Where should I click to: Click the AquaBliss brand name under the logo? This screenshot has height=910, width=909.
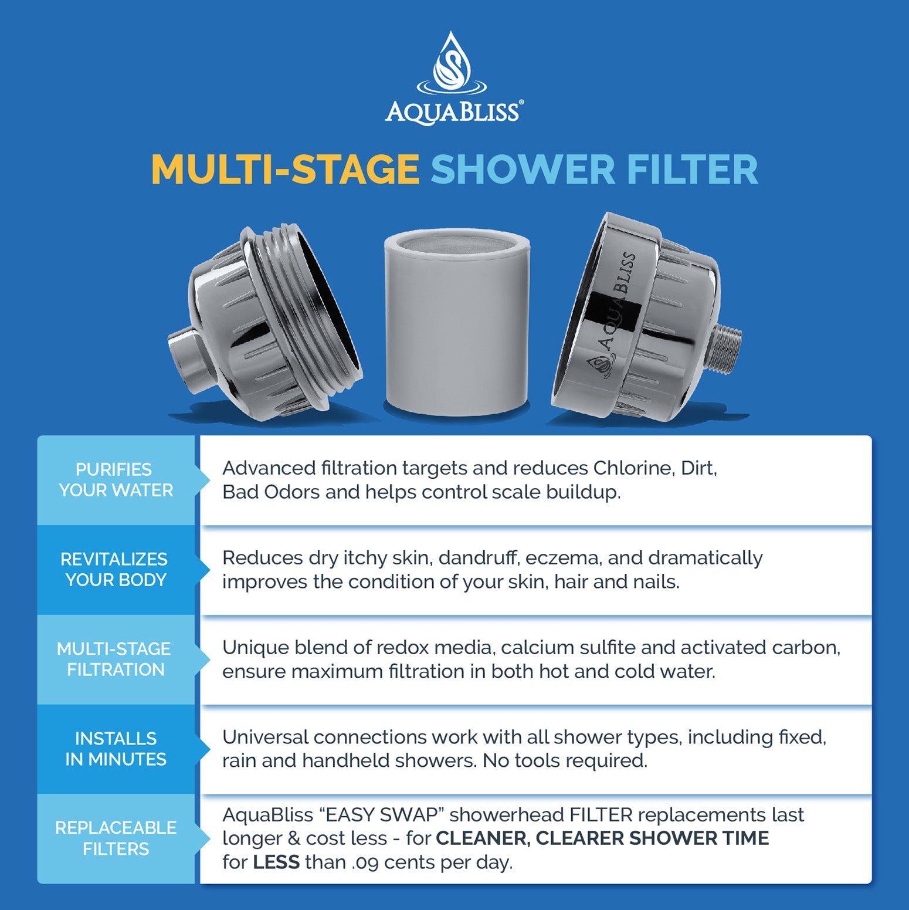pyautogui.click(x=453, y=111)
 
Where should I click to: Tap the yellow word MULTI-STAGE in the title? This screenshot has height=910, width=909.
pyautogui.click(x=285, y=170)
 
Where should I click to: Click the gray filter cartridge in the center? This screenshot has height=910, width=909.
pyautogui.click(x=457, y=323)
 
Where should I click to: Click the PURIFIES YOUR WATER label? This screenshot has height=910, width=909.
pyautogui.click(x=116, y=480)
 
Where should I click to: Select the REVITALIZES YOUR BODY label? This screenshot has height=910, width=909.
pyautogui.click(x=115, y=569)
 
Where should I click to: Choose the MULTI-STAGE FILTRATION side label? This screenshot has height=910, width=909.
pyautogui.click(x=115, y=659)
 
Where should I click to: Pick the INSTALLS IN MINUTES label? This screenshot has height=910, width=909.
pyautogui.click(x=116, y=749)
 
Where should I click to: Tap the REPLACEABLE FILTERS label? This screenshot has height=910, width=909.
pyautogui.click(x=116, y=838)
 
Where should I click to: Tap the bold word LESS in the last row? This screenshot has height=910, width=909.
pyautogui.click(x=276, y=862)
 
